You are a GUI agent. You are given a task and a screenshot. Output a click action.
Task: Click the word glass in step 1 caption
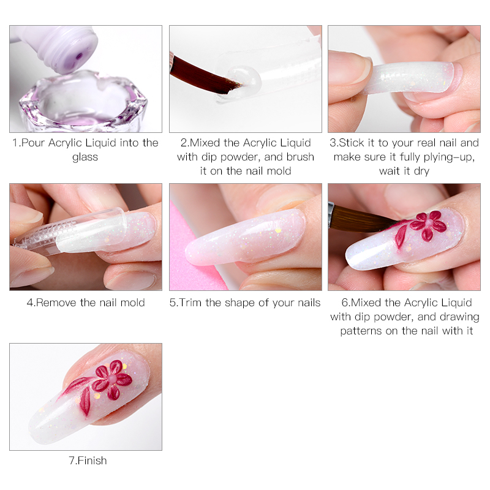coord(85,157)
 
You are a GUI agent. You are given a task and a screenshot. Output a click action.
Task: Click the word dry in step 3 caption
coord(421,171)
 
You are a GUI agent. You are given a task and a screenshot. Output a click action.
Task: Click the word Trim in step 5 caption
coord(190,303)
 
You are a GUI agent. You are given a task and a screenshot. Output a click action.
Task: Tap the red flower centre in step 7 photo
coord(112,379)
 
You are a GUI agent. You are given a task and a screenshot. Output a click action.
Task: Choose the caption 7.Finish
coord(88,461)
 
